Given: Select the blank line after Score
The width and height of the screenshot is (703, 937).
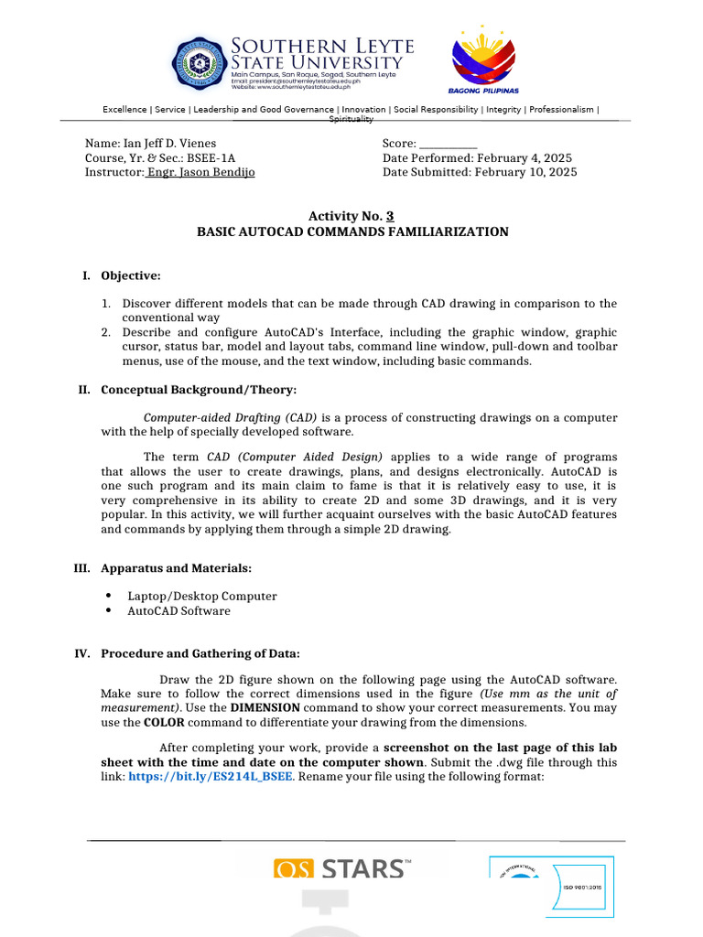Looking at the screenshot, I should [x=448, y=144].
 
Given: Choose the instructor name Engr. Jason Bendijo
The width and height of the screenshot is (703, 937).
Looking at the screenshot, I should [x=200, y=172].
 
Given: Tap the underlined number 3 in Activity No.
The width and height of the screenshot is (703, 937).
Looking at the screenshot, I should [x=390, y=216].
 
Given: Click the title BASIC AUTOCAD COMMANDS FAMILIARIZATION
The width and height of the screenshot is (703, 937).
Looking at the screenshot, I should [x=352, y=232].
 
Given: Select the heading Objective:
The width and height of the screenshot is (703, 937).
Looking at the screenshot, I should [x=131, y=275].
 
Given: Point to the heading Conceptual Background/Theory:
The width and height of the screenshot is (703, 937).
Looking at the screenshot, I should [x=199, y=390].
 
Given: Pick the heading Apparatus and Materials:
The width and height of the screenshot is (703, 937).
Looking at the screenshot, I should [x=177, y=568].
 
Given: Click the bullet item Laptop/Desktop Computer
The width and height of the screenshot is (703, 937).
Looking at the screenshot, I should [x=201, y=596].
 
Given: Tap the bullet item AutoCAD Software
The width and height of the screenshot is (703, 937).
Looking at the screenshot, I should [x=178, y=610].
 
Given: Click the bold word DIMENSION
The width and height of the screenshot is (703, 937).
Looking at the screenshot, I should [x=265, y=708].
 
